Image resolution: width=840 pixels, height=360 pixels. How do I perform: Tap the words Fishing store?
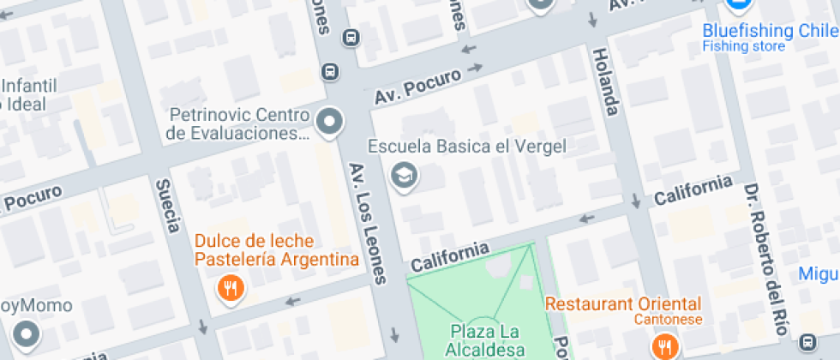click(x=743, y=46)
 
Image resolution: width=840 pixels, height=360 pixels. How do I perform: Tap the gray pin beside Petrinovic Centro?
click(x=329, y=123)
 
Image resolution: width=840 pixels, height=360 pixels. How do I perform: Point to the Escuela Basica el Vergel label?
click(x=467, y=147)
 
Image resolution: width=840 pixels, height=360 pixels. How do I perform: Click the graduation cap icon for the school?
click(x=401, y=176)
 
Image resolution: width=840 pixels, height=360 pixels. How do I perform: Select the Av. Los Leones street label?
click(x=368, y=223)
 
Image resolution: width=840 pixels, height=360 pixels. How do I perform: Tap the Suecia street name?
click(x=167, y=206)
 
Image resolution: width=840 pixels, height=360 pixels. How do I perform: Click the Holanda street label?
click(x=607, y=81)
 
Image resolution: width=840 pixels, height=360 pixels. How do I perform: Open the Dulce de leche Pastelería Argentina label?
click(x=274, y=250)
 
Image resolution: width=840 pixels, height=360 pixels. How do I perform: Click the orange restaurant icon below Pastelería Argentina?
click(x=230, y=288)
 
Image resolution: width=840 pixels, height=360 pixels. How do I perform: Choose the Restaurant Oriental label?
click(x=623, y=304)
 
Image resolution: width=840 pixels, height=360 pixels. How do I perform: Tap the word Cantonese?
click(x=668, y=320)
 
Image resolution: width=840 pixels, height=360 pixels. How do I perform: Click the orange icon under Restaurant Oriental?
click(x=663, y=345)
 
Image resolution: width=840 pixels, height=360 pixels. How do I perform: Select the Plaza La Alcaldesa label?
click(x=483, y=339)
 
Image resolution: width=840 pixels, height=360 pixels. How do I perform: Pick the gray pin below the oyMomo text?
click(x=27, y=333)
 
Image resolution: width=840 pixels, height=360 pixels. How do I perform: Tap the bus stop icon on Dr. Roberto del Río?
click(x=807, y=342)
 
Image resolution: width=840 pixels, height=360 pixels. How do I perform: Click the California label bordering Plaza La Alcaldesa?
click(x=449, y=256)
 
